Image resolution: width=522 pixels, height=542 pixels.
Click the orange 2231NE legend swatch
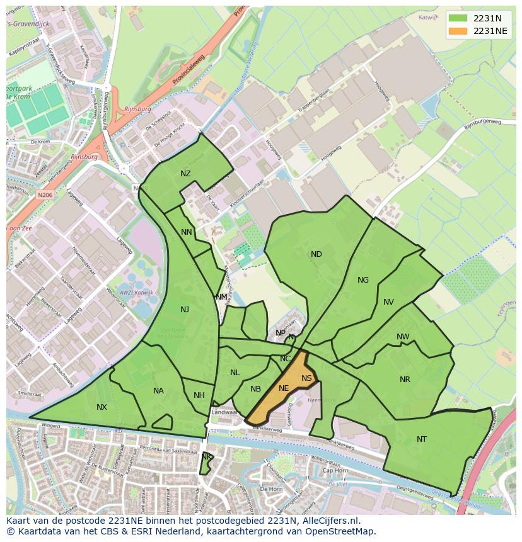459,31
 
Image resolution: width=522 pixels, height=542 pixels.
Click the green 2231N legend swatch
459,18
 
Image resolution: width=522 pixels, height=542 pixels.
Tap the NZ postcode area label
185,174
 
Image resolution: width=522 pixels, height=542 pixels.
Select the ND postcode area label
316,254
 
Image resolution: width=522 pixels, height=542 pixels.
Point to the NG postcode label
363,280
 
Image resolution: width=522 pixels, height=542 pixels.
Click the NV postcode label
388,302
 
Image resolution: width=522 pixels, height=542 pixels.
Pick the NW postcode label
403,337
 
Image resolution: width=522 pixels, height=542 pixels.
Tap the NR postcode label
405,380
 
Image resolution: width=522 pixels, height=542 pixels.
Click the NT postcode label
422,439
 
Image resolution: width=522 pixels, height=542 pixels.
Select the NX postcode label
101,407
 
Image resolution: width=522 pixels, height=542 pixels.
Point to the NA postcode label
158,391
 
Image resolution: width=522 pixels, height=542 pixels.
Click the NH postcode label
199,395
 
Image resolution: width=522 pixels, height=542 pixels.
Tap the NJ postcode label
185,309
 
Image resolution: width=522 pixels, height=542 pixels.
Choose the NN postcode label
187,232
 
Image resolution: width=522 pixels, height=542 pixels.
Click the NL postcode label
235,373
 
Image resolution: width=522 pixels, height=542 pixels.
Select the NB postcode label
255,389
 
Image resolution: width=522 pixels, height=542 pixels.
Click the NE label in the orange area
284,388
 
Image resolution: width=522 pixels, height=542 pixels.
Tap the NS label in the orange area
306,378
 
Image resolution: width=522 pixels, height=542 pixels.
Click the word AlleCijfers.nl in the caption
328,521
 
